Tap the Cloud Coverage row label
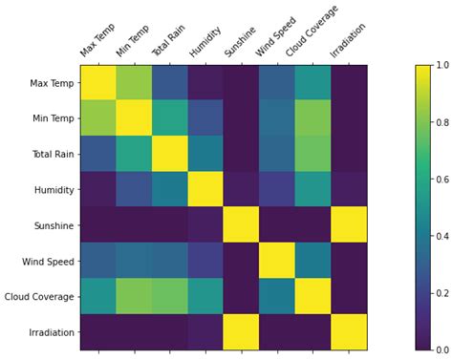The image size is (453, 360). click(x=37, y=296)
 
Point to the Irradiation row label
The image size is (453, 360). click(x=48, y=331)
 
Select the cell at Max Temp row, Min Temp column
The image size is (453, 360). click(x=134, y=85)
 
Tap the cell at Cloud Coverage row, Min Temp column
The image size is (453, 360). click(x=134, y=296)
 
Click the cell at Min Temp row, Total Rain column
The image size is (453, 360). click(x=169, y=120)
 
